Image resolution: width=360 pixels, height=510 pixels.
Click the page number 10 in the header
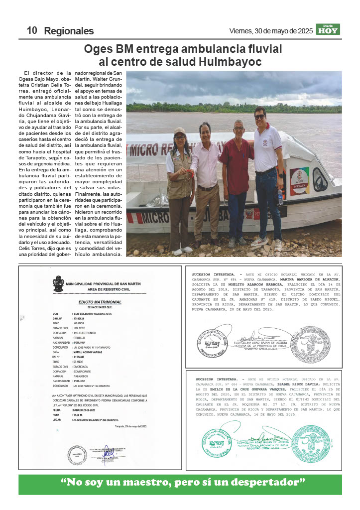[x=32, y=30]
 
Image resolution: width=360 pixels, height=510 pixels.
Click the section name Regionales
[x=69, y=31]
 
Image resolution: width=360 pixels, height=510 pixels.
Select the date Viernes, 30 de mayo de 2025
[x=271, y=31]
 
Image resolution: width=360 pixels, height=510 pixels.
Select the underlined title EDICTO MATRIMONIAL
[x=100, y=302]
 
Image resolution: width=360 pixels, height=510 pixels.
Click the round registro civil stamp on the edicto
[x=78, y=455]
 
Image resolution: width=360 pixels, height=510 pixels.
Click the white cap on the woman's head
[x=180, y=131]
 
